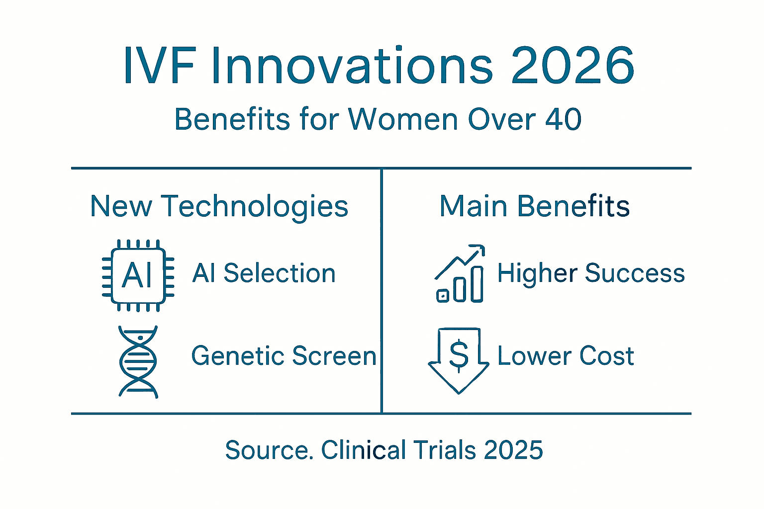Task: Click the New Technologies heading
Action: point(219,206)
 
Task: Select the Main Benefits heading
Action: point(535,206)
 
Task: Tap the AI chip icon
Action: point(138,275)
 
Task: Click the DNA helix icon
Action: point(138,361)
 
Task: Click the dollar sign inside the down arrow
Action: point(459,355)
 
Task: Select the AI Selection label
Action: point(264,273)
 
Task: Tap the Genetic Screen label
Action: point(284,356)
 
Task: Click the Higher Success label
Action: point(591,273)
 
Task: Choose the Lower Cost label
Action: point(566,356)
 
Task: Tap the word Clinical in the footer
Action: point(364,450)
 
